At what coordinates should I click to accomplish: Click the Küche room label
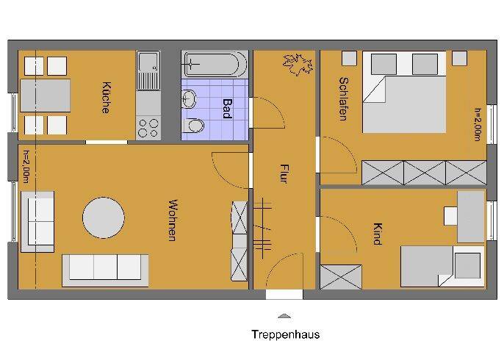pos(106,98)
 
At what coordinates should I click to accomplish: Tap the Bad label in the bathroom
pos(227,109)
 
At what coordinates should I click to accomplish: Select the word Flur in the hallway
pos(284,173)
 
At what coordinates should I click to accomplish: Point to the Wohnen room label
pos(173,220)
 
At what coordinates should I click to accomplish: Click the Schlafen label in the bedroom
pos(344,99)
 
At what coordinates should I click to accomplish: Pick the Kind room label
pos(377,234)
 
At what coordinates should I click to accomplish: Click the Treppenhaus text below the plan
pos(285,334)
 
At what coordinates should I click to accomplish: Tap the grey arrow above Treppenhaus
pos(284,316)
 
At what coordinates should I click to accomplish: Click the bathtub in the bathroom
pos(215,64)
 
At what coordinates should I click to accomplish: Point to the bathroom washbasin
pos(189,98)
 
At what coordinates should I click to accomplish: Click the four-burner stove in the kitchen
pos(148,128)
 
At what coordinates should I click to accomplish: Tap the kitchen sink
pos(148,71)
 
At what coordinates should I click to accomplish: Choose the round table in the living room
pos(104,218)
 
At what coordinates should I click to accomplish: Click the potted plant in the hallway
pos(298,65)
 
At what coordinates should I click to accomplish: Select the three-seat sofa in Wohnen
pos(105,270)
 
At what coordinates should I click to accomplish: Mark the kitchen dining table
pos(45,96)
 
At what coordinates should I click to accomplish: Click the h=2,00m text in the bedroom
pos(478,124)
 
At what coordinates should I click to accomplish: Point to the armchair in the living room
pos(37,221)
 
